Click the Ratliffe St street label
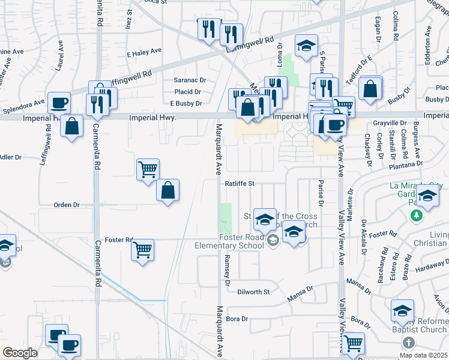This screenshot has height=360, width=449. (x=241, y=184)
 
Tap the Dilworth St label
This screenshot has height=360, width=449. (x=254, y=291)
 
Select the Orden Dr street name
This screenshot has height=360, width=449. (x=67, y=205)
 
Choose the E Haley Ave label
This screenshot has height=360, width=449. (x=145, y=53)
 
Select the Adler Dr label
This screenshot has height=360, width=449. (x=10, y=157)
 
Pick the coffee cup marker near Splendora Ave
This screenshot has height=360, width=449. (x=59, y=103)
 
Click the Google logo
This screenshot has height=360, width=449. (x=20, y=353)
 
